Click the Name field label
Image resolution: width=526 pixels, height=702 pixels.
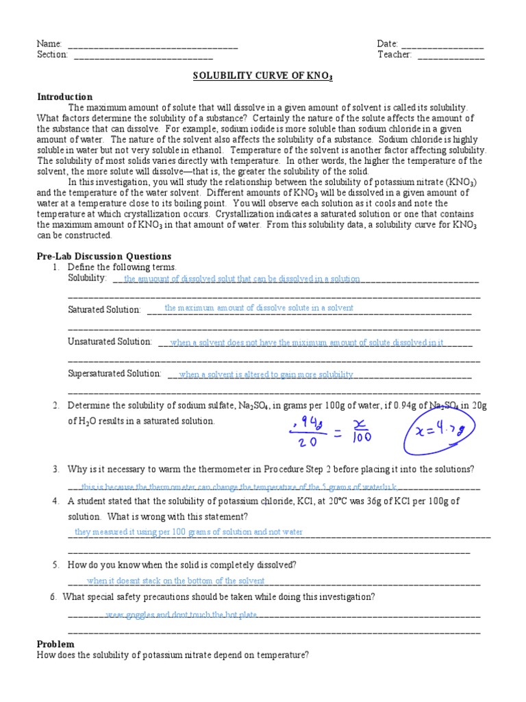(x=49, y=44)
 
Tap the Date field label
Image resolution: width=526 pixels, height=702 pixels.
(x=387, y=44)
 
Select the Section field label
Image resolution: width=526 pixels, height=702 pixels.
(x=52, y=55)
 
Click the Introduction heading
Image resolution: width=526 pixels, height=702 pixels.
(x=64, y=97)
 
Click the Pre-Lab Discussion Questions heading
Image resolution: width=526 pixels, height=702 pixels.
(x=103, y=256)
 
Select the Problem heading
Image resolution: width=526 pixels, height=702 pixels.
(x=55, y=644)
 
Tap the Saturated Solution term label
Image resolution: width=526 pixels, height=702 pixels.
(x=104, y=310)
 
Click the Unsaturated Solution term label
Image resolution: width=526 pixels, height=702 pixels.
(x=110, y=341)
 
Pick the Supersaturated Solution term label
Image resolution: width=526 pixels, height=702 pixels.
(x=114, y=374)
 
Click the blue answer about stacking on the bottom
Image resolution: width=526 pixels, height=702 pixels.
(x=176, y=581)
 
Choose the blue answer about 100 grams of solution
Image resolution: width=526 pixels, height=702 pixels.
(x=188, y=532)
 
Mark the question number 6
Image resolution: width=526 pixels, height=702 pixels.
(x=53, y=596)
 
